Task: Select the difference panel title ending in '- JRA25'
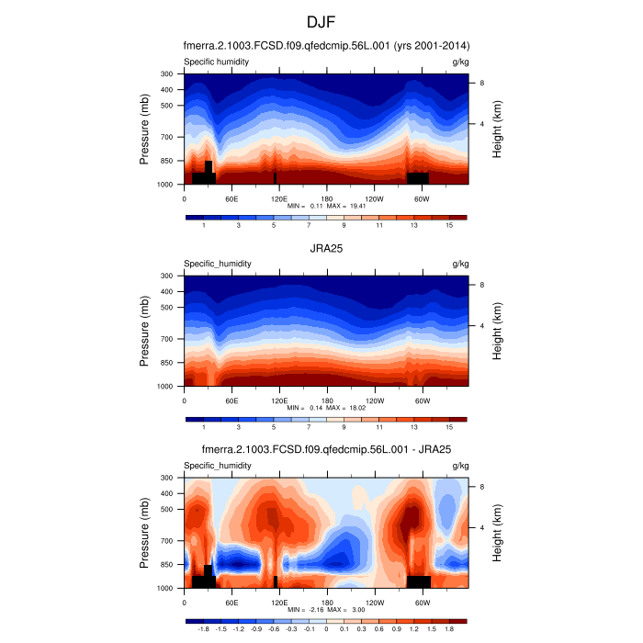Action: point(326,450)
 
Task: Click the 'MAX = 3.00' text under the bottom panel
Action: point(350,610)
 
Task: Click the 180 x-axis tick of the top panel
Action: point(326,197)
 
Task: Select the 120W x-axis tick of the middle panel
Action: point(374,400)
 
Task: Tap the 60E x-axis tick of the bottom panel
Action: point(231,602)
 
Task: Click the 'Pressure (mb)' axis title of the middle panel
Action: point(145,332)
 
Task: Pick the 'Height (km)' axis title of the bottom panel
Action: point(497,534)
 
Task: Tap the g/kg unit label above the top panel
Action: point(460,62)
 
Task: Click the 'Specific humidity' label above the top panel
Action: point(216,62)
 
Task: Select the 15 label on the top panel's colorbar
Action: point(449,225)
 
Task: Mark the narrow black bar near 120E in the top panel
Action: point(275,177)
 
